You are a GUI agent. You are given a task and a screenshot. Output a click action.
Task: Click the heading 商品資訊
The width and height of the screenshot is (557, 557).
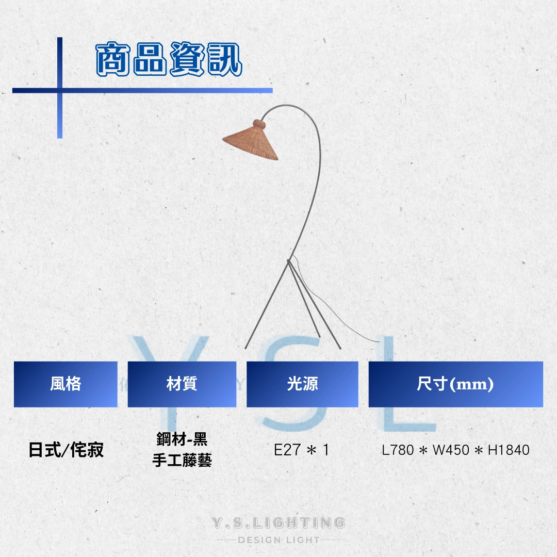click(x=169, y=59)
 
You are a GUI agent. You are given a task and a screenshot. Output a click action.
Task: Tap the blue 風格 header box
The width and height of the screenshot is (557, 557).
click(x=65, y=384)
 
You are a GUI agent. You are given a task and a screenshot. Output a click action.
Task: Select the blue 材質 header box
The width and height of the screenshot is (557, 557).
click(x=182, y=384)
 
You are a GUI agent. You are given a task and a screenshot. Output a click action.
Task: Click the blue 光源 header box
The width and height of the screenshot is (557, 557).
click(x=302, y=384)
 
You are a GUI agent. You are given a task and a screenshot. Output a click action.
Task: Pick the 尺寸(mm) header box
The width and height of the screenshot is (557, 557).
click(x=456, y=384)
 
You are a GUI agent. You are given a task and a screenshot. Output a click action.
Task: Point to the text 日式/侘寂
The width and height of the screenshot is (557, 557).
click(x=66, y=450)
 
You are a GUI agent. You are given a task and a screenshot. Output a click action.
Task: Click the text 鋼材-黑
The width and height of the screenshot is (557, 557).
click(x=182, y=439)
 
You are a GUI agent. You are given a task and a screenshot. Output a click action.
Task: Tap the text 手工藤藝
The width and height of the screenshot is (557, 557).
click(x=182, y=461)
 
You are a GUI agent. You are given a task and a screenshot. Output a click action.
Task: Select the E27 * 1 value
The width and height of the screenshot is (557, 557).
click(x=302, y=450)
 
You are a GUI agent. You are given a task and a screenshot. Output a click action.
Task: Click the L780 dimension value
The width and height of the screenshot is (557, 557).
click(x=398, y=450)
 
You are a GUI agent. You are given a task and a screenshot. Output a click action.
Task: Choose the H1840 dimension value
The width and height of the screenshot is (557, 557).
click(x=509, y=450)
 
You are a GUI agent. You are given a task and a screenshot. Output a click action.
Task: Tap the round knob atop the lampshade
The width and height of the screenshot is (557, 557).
click(x=259, y=125)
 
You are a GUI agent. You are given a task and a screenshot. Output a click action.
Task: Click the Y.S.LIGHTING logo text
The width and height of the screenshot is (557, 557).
click(x=278, y=522)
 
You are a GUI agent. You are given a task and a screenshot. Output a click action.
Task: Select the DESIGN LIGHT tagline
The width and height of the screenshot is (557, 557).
click(x=279, y=540)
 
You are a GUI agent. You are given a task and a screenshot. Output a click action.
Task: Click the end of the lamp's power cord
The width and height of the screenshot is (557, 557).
click(x=379, y=342)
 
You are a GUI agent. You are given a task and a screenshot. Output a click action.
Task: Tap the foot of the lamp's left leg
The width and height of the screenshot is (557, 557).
click(x=246, y=348)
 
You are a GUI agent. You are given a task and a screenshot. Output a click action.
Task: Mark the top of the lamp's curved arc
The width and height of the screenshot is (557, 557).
click(x=287, y=105)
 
